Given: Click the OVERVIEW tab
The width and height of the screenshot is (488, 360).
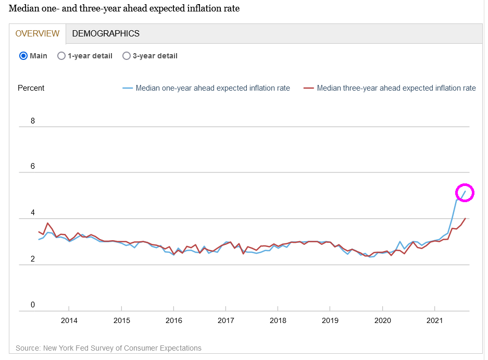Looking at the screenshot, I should (x=37, y=33).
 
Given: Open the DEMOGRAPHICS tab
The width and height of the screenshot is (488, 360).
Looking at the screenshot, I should (x=106, y=33).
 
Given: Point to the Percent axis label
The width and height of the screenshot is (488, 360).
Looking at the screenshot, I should (x=31, y=88).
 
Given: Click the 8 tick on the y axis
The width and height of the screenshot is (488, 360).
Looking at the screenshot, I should (x=33, y=121).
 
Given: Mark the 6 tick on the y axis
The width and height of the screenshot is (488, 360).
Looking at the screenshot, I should (x=33, y=166).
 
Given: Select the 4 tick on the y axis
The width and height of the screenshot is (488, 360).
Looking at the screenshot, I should (x=33, y=213).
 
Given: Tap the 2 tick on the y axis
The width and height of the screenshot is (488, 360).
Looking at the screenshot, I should (x=33, y=259).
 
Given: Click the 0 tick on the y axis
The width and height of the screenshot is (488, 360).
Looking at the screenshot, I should (x=33, y=305).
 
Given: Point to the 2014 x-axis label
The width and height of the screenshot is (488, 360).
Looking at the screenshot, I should (x=69, y=320).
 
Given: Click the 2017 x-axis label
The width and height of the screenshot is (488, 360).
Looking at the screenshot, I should (x=226, y=320).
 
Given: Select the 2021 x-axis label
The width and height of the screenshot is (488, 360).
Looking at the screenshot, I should (x=435, y=320).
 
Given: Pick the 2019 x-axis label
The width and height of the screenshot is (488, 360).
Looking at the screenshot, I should (x=330, y=320).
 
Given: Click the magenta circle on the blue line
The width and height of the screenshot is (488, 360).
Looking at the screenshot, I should (x=465, y=193).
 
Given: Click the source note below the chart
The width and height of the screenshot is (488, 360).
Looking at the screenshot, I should (x=108, y=348).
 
